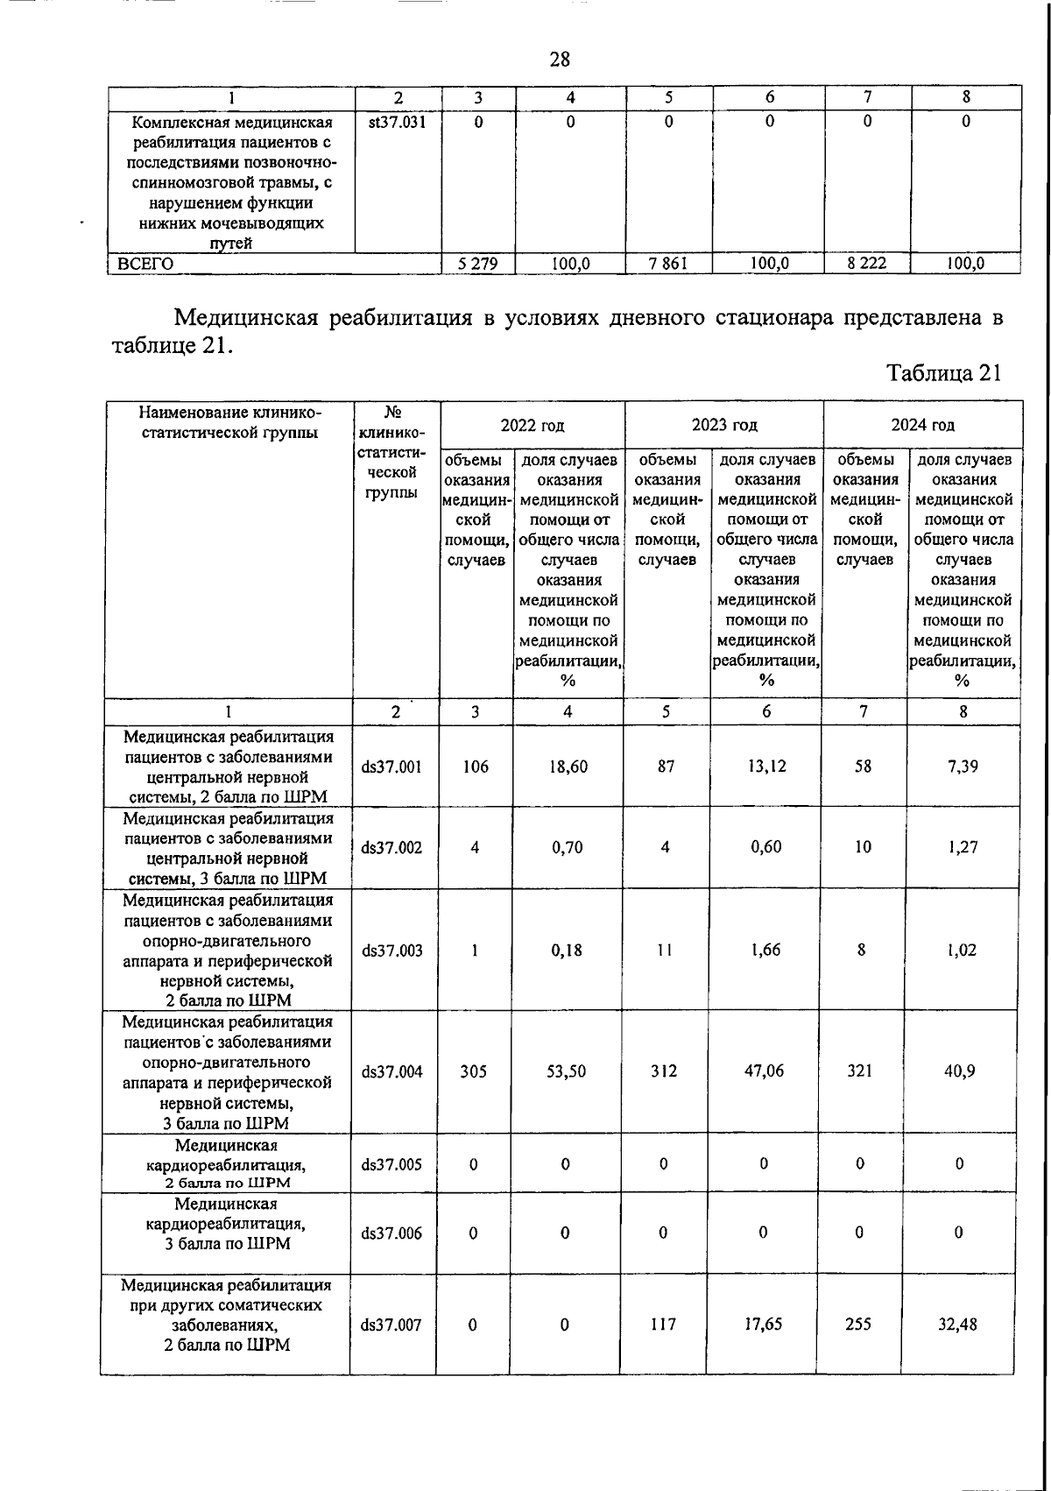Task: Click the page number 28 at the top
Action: click(560, 60)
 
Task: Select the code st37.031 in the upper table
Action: click(397, 123)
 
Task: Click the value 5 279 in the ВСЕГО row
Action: click(478, 263)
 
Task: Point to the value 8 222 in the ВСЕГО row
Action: click(866, 263)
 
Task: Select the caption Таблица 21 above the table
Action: click(943, 373)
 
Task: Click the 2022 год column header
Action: click(533, 426)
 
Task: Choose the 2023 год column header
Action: click(724, 426)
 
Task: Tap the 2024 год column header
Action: click(923, 426)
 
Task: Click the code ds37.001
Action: click(391, 767)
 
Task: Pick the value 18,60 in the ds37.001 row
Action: click(568, 767)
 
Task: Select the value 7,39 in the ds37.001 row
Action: click(962, 767)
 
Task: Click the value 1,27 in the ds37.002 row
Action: click(962, 847)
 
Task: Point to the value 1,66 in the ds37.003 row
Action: click(766, 950)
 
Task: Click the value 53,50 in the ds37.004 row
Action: click(566, 1071)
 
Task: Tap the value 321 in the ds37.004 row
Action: click(860, 1071)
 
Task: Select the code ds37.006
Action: click(391, 1233)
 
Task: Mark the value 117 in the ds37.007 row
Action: click(663, 1325)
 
